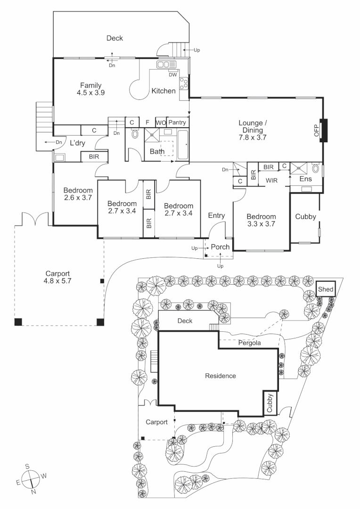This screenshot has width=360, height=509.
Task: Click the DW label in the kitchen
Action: click(172, 74)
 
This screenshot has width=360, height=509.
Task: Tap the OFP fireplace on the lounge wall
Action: click(323, 130)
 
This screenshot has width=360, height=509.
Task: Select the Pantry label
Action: click(178, 123)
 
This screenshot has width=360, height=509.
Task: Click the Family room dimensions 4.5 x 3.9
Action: click(90, 93)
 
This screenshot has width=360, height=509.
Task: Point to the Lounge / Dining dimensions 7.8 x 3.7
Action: click(253, 139)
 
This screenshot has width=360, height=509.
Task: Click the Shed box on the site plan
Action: click(325, 289)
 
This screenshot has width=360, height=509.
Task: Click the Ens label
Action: click(305, 180)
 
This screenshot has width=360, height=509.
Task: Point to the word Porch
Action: click(220, 247)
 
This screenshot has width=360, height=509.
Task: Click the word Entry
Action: click(217, 215)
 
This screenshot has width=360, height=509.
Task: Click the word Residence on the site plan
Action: click(220, 376)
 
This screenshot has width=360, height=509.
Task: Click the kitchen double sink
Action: click(166, 65)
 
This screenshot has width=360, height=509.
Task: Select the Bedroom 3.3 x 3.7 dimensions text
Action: click(261, 225)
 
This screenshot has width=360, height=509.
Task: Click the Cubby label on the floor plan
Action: click(305, 217)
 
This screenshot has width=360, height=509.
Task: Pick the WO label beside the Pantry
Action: click(161, 123)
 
